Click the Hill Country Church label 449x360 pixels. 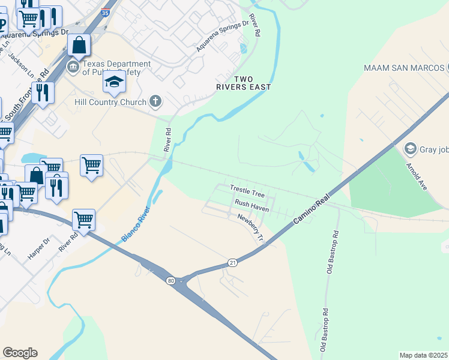110,102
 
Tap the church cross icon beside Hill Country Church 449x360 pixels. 155,101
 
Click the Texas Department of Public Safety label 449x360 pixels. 116,68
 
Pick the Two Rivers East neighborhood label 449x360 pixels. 244,83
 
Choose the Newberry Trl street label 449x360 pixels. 251,227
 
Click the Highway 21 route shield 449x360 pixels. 233,262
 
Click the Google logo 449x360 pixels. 20,353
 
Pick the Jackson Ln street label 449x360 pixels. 22,63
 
